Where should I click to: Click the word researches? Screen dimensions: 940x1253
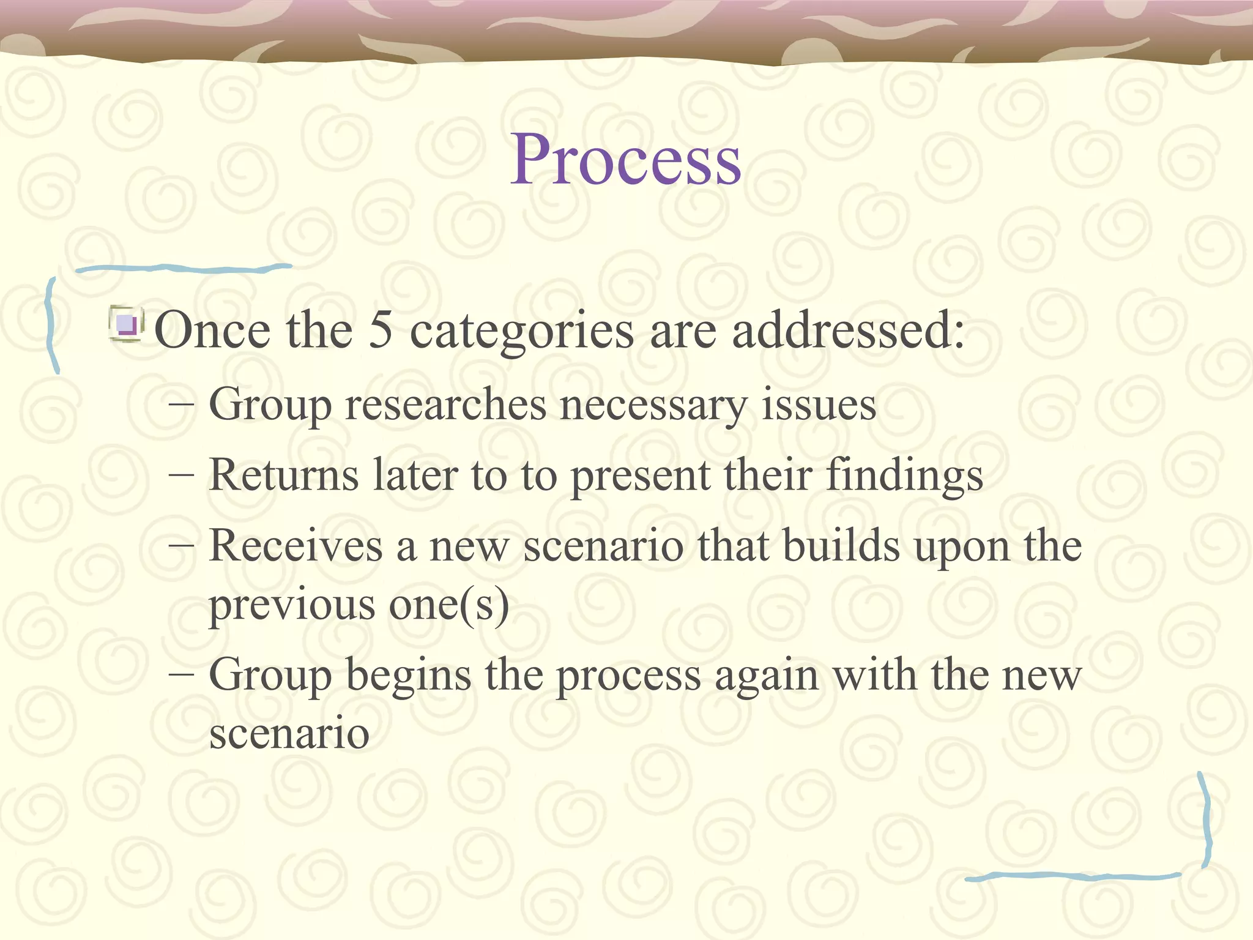(x=445, y=405)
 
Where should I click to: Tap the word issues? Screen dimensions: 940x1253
(x=819, y=405)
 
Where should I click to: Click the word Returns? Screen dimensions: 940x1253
(x=283, y=475)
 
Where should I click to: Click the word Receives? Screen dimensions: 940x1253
(x=296, y=546)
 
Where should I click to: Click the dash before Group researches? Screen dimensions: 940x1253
(x=181, y=405)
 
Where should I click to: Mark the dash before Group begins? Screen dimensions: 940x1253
(x=181, y=676)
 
